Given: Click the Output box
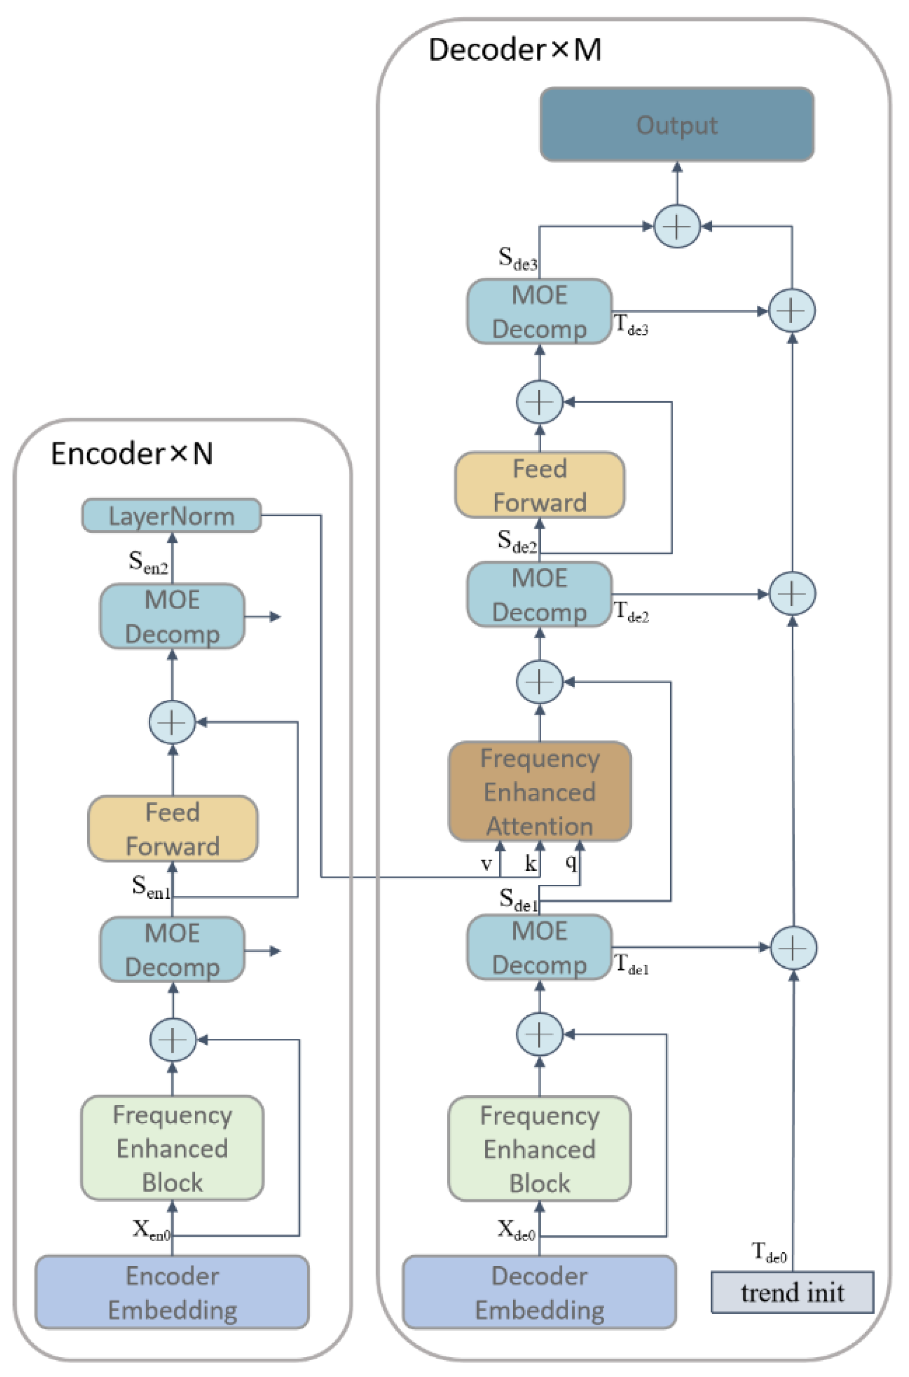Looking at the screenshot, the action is [x=676, y=124].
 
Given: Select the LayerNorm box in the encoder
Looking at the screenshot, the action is [x=171, y=515].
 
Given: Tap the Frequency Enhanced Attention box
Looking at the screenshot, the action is [x=540, y=791].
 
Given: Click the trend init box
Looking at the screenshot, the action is [x=792, y=1292].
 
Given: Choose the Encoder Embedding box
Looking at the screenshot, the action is [x=172, y=1292].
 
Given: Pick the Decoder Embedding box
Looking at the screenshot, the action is [x=539, y=1292].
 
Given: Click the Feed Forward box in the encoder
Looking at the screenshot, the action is [x=173, y=828].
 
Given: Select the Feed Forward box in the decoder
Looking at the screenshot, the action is [x=540, y=485].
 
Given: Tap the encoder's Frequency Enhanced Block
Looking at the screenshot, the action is [x=172, y=1148].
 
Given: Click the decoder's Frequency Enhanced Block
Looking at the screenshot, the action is [x=540, y=1149].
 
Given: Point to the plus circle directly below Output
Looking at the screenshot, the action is [x=677, y=226].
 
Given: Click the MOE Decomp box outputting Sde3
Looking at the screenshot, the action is [x=539, y=311].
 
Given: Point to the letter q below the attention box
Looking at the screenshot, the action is [x=571, y=863].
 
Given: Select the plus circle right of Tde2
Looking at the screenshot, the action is [x=792, y=594].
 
